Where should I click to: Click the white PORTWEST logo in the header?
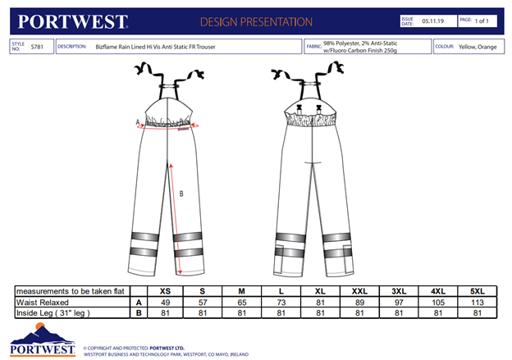[72, 22]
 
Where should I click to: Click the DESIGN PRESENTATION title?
[256, 22]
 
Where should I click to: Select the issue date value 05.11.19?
[432, 21]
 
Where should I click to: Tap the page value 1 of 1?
[482, 21]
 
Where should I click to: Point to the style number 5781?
[37, 47]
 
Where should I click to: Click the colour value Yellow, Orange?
[478, 47]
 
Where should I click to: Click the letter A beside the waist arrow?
[138, 122]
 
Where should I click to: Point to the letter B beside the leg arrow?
[181, 194]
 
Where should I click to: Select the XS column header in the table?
[165, 291]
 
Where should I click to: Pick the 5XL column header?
[478, 291]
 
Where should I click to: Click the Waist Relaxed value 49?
[165, 303]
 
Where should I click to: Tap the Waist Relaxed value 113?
[478, 303]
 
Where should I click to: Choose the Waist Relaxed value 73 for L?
[281, 303]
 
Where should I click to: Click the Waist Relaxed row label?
[43, 303]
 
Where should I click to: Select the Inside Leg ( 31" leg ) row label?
[53, 313]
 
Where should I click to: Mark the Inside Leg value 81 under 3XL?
[399, 313]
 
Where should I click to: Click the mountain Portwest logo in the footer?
[43, 339]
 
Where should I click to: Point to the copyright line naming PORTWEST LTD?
[134, 349]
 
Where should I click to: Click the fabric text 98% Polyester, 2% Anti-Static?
[360, 43]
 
